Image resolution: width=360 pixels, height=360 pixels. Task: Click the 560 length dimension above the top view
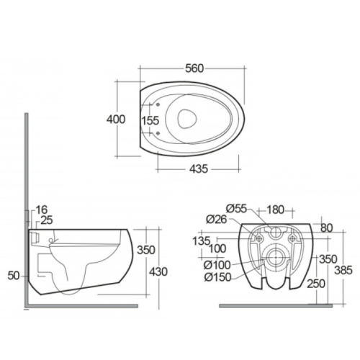pos(194,68)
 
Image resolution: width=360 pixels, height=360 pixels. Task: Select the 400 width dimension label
pos(116,120)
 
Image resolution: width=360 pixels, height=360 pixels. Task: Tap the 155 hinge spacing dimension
pos(150,120)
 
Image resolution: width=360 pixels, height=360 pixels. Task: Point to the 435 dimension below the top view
pos(199,169)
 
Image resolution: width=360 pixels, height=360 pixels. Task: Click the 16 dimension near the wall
pos(42,210)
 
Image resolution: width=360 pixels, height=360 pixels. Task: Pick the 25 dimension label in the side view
pos(47,220)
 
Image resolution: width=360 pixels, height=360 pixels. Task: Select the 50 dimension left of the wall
pos(14,276)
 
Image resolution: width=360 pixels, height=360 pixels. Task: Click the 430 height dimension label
pos(158,272)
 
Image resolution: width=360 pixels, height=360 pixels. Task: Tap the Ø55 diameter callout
pos(237,209)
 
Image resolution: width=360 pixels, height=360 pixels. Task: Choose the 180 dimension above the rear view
pos(275,210)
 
